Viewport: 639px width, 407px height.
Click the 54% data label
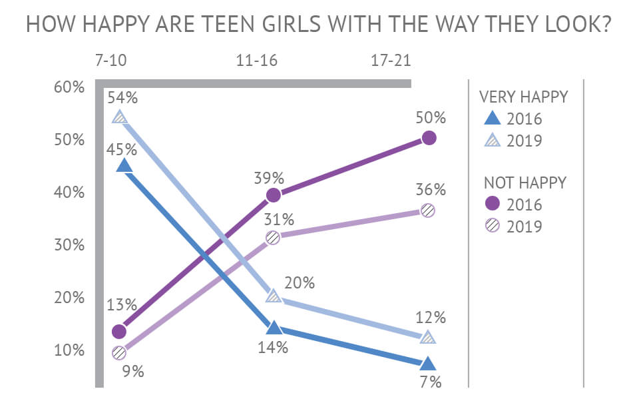coord(124,98)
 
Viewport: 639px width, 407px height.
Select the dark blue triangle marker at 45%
coord(124,166)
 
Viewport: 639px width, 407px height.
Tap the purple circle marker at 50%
coord(429,138)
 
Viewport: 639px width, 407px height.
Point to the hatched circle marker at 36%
coord(428,210)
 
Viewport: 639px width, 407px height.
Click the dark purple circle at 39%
coord(272,195)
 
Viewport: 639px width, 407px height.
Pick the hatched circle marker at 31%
coord(272,237)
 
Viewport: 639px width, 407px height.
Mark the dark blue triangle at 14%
coord(272,328)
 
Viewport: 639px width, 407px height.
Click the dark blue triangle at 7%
coord(428,363)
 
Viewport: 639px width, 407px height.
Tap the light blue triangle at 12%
coord(428,337)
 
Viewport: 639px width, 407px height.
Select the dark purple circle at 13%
coord(119,331)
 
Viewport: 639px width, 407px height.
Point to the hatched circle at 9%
coord(119,352)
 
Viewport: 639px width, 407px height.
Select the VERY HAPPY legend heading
coord(524,97)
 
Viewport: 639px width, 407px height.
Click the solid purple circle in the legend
coord(491,204)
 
